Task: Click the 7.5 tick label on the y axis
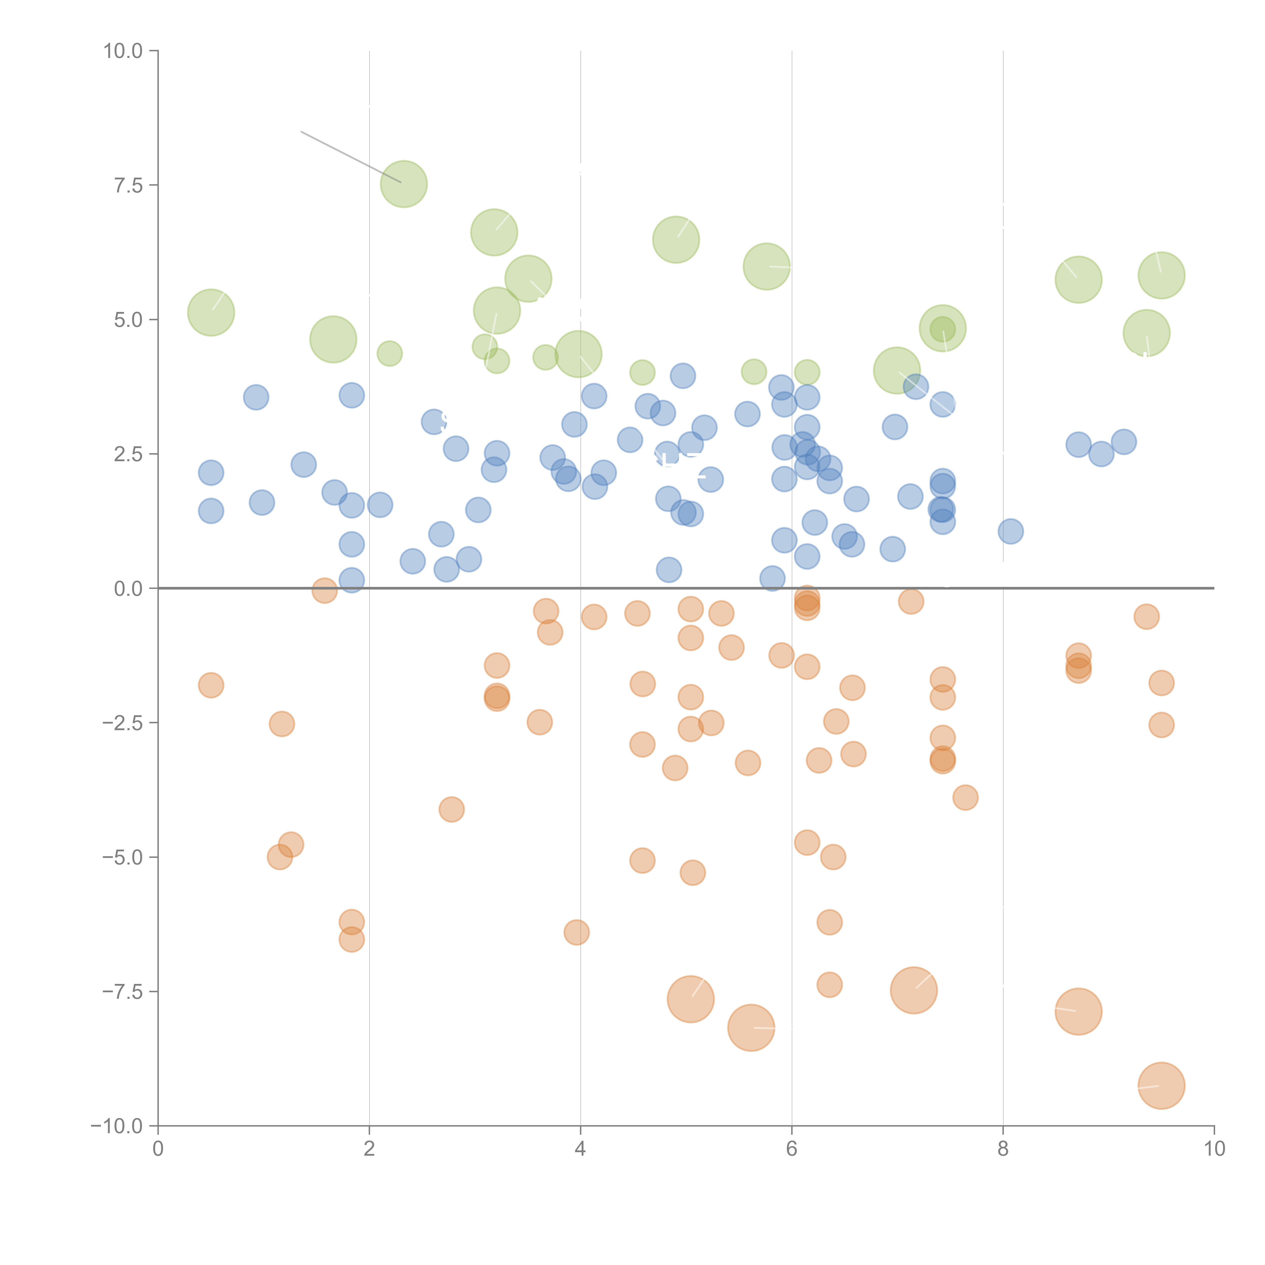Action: (x=128, y=185)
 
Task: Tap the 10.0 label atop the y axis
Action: (x=123, y=51)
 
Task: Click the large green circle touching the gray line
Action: (x=404, y=184)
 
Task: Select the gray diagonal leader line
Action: (x=350, y=157)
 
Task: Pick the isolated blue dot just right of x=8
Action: (x=1010, y=531)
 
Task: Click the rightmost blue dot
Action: (x=1124, y=442)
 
